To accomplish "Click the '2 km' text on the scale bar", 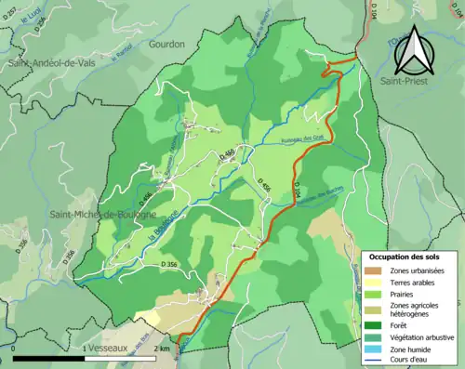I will click(x=162, y=349).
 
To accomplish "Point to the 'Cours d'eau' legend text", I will click(x=412, y=362).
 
